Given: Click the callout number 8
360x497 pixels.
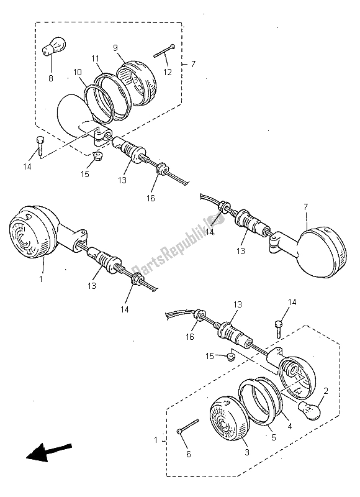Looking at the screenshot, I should [50, 78].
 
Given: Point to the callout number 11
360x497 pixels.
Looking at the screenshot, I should [95, 58].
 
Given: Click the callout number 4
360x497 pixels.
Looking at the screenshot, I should [288, 427].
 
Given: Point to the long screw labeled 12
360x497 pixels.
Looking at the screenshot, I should [162, 52].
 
